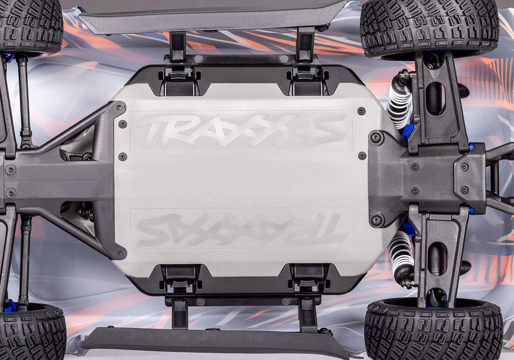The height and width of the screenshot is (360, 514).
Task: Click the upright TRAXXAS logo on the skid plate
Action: (241, 130)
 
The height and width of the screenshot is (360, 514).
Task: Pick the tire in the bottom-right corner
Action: (433, 329)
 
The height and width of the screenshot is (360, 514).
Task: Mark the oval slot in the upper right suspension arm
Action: (435, 98)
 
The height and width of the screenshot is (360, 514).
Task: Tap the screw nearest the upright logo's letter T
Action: (122, 124)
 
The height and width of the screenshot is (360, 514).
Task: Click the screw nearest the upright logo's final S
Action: (361, 111)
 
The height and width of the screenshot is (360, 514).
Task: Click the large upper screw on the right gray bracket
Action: (376, 137)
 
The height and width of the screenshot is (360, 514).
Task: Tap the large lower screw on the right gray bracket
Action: (377, 220)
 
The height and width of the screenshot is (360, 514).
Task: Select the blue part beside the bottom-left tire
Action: (9, 306)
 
